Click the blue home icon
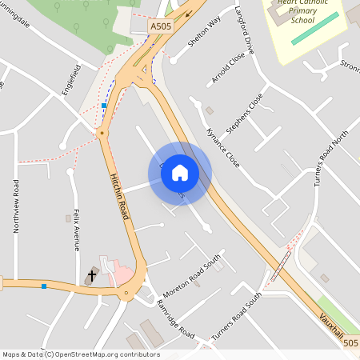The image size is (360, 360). [x=180, y=172]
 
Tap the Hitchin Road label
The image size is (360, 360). [x=119, y=196]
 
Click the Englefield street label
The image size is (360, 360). [x=71, y=81]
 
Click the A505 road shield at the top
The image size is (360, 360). [x=161, y=26]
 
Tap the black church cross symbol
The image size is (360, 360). [x=91, y=276]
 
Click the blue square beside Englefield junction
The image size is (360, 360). [x=104, y=106]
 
